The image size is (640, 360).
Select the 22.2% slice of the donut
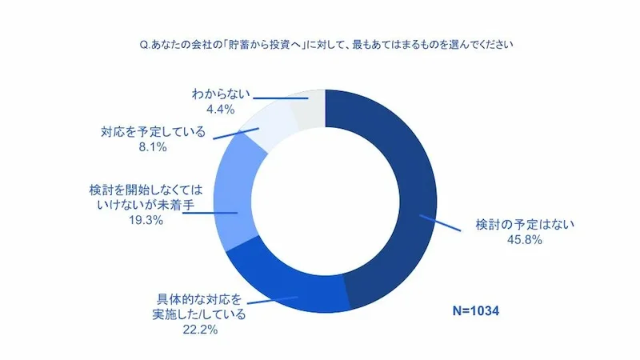pyautogui.click(x=288, y=285)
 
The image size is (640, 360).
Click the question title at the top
pyautogui.click(x=320, y=45)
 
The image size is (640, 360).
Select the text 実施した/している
pyautogui.click(x=197, y=314)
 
